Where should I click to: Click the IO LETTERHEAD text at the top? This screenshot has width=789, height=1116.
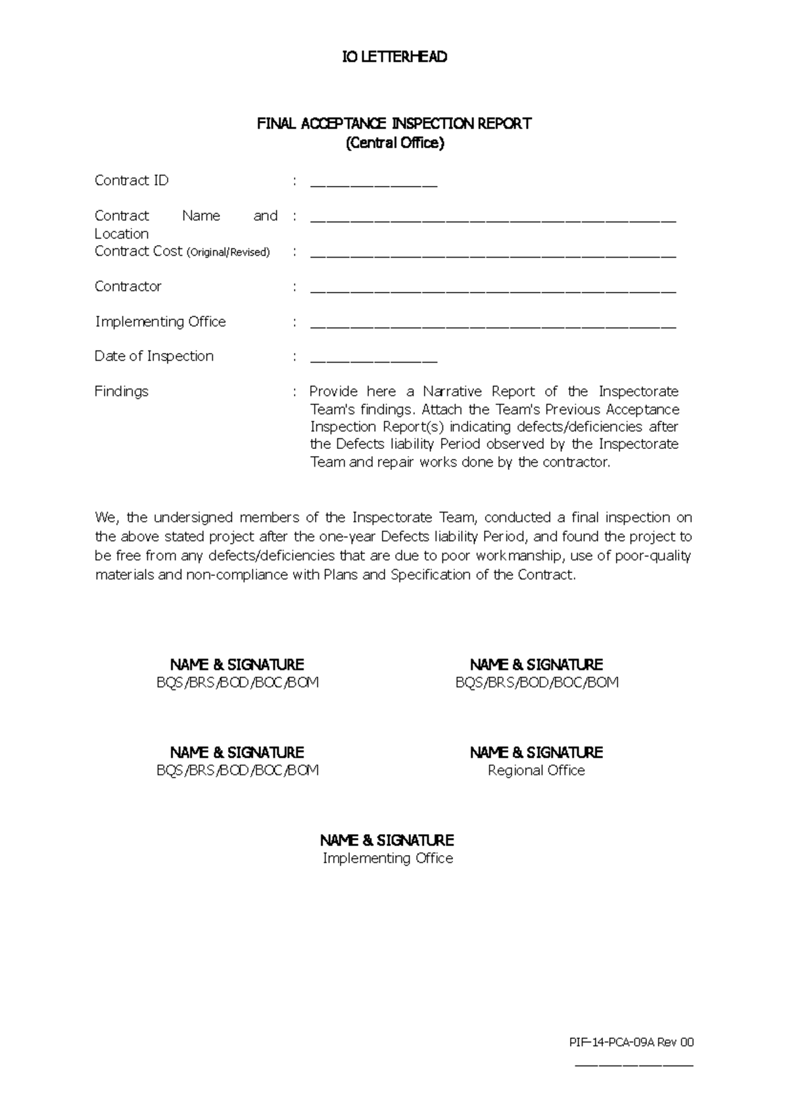pyautogui.click(x=394, y=57)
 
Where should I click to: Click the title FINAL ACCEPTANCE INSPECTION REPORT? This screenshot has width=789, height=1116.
pyautogui.click(x=394, y=124)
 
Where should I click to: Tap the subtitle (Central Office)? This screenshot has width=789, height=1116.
pyautogui.click(x=395, y=143)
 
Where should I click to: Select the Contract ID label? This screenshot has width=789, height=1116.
pyautogui.click(x=131, y=181)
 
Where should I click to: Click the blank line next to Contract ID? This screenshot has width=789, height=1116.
pyautogui.click(x=373, y=184)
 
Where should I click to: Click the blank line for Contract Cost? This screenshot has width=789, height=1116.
pyautogui.click(x=492, y=255)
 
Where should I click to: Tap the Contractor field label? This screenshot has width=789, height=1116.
pyautogui.click(x=128, y=287)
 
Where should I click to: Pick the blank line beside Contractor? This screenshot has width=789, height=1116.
pyautogui.click(x=492, y=290)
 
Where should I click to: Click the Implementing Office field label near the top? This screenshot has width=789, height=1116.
pyautogui.click(x=160, y=322)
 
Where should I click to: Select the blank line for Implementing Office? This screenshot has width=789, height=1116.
pyautogui.click(x=492, y=325)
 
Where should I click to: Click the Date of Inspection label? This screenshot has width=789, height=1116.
pyautogui.click(x=154, y=356)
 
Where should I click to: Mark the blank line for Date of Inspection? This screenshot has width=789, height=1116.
pyautogui.click(x=373, y=360)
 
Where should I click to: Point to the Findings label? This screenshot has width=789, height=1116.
pyautogui.click(x=122, y=392)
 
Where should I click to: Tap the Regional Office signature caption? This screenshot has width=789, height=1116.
pyautogui.click(x=536, y=770)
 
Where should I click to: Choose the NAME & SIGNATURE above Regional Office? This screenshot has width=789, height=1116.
pyautogui.click(x=536, y=753)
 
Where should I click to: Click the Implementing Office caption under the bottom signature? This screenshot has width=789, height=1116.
pyautogui.click(x=387, y=858)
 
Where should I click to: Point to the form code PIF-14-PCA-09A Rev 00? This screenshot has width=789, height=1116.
pyautogui.click(x=631, y=1042)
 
